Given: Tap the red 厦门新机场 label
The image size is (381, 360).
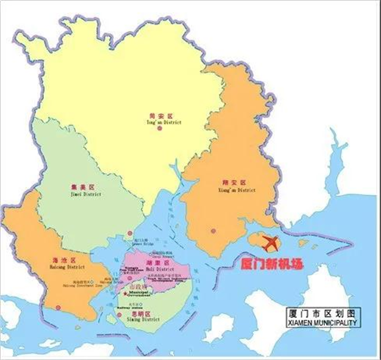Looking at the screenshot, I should click(269, 264).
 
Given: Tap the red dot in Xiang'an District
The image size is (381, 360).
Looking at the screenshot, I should click(213, 231).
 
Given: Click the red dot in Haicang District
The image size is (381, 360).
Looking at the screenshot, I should click(59, 307).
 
